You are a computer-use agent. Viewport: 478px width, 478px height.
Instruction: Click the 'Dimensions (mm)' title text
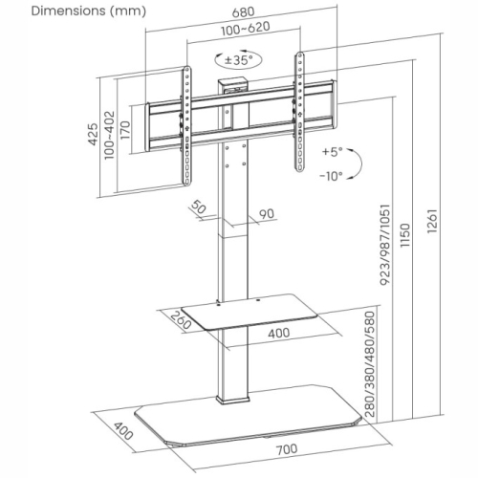(89, 11)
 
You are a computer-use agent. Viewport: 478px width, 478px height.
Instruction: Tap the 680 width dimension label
(244, 12)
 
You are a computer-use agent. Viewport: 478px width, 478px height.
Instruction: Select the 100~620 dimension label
(246, 29)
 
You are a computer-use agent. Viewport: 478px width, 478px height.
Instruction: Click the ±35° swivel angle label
(238, 59)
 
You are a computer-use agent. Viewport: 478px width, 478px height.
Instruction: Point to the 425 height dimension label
(93, 134)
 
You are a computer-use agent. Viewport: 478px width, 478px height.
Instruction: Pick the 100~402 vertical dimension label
(109, 135)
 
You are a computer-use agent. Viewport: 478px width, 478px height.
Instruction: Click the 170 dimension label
(125, 130)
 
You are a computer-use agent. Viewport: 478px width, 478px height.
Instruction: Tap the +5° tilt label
(333, 152)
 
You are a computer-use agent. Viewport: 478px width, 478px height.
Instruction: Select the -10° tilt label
(332, 176)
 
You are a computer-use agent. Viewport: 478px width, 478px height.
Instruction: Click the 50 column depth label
(198, 207)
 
